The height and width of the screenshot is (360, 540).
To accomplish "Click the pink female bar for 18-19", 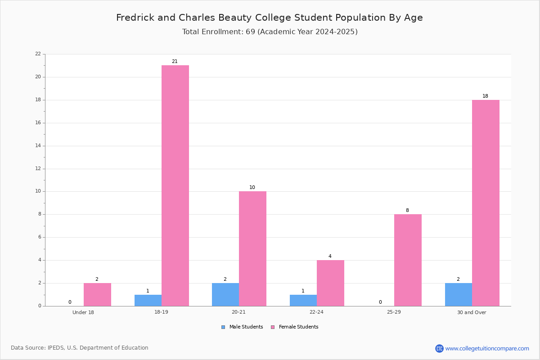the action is point(175,186).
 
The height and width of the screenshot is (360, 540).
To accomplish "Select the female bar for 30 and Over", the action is point(486,203).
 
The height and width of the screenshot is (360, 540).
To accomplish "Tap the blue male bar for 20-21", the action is point(225,295).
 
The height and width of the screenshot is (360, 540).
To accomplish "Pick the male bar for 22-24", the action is point(303,301).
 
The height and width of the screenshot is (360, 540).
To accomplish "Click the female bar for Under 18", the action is point(97,295).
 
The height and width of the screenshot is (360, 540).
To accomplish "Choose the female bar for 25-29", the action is point(408,260).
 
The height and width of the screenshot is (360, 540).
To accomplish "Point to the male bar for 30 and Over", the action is point(459,295).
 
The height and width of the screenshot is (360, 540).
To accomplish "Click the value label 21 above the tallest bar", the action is point(175,62).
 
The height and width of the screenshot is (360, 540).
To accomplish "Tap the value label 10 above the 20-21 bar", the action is point(252,187).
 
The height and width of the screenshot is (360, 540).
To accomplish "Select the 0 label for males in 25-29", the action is point(380,302).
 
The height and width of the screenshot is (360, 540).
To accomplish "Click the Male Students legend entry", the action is point(242,327).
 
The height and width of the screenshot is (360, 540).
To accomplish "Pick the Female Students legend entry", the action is point(295,327).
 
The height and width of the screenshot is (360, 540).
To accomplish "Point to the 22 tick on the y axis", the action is point(38,54).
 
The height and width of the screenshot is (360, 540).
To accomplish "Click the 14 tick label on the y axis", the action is point(38,146).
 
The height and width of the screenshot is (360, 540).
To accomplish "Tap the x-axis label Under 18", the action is point(83,312).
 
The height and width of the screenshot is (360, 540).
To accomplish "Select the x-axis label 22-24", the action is point(316,312).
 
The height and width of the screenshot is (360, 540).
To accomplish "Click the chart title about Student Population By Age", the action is point(270,18).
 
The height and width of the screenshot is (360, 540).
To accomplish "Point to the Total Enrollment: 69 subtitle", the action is point(270,32).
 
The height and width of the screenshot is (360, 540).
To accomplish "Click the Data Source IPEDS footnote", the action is point(80,348).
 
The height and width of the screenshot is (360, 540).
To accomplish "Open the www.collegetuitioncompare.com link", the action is point(487,348).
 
